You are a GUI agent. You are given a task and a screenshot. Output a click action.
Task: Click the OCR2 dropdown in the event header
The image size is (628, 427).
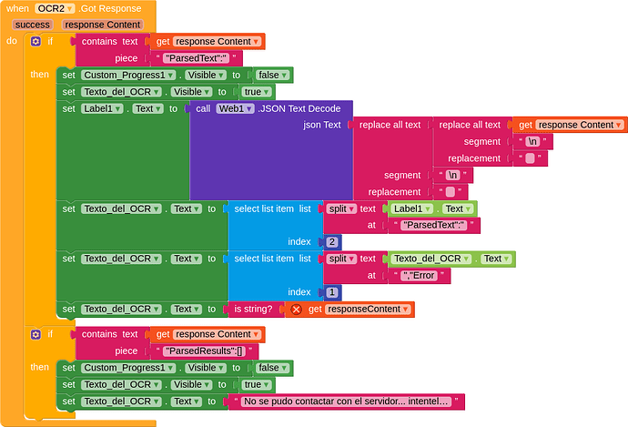56,8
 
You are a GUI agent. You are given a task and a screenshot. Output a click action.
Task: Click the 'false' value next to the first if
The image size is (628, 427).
270,76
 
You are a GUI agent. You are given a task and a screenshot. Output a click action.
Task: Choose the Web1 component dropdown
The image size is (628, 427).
235,108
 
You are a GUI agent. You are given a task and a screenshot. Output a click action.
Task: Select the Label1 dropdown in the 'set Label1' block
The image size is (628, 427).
105,108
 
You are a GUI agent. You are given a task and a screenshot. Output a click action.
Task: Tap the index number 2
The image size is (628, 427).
332,242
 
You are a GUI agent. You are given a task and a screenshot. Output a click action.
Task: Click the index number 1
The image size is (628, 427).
332,292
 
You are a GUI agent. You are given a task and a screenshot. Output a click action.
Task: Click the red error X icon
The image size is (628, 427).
295,310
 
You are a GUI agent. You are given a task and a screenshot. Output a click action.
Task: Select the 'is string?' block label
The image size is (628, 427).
254,310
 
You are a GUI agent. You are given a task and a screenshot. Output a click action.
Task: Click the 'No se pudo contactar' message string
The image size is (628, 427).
348,402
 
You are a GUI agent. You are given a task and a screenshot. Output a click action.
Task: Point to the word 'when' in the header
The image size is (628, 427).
17,8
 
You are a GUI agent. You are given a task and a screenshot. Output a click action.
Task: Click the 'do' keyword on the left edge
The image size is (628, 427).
12,41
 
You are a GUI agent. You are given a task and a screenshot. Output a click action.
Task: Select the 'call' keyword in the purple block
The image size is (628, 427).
204,108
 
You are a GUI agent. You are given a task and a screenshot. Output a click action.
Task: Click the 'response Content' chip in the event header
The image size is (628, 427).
103,25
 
